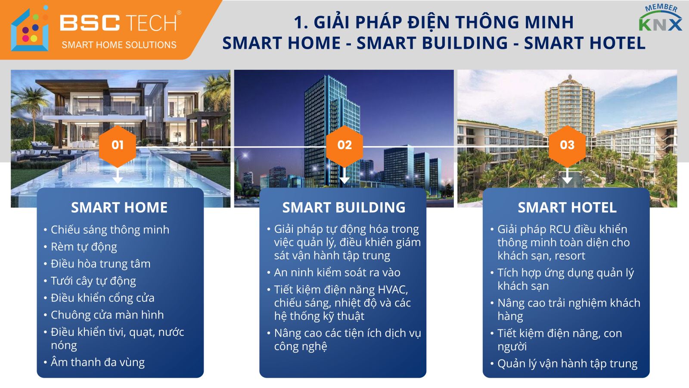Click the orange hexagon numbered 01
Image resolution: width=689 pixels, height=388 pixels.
pyautogui.click(x=118, y=145)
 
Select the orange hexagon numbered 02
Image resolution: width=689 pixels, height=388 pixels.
pyautogui.click(x=344, y=145)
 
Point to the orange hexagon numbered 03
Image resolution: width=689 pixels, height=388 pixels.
pyautogui.click(x=567, y=145)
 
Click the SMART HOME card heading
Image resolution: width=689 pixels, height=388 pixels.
pyautogui.click(x=119, y=207)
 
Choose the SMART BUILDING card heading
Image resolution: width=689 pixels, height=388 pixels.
pyautogui.click(x=344, y=207)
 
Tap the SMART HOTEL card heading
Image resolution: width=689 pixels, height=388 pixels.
pyautogui.click(x=567, y=207)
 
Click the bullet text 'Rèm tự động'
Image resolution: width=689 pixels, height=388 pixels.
pyautogui.click(x=84, y=247)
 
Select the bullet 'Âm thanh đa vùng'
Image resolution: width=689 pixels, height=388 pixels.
pyautogui.click(x=97, y=363)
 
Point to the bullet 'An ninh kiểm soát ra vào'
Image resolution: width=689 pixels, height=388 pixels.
pyautogui.click(x=337, y=272)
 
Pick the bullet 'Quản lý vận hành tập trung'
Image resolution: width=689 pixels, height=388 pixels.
pyautogui.click(x=568, y=364)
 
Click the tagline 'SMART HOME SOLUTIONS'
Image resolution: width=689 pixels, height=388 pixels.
pyautogui.click(x=119, y=45)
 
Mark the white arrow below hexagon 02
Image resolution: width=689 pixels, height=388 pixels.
pyautogui.click(x=344, y=175)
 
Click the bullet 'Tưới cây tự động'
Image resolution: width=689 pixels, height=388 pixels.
pyautogui.click(x=93, y=281)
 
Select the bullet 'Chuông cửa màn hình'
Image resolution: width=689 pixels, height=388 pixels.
pyautogui.click(x=107, y=315)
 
